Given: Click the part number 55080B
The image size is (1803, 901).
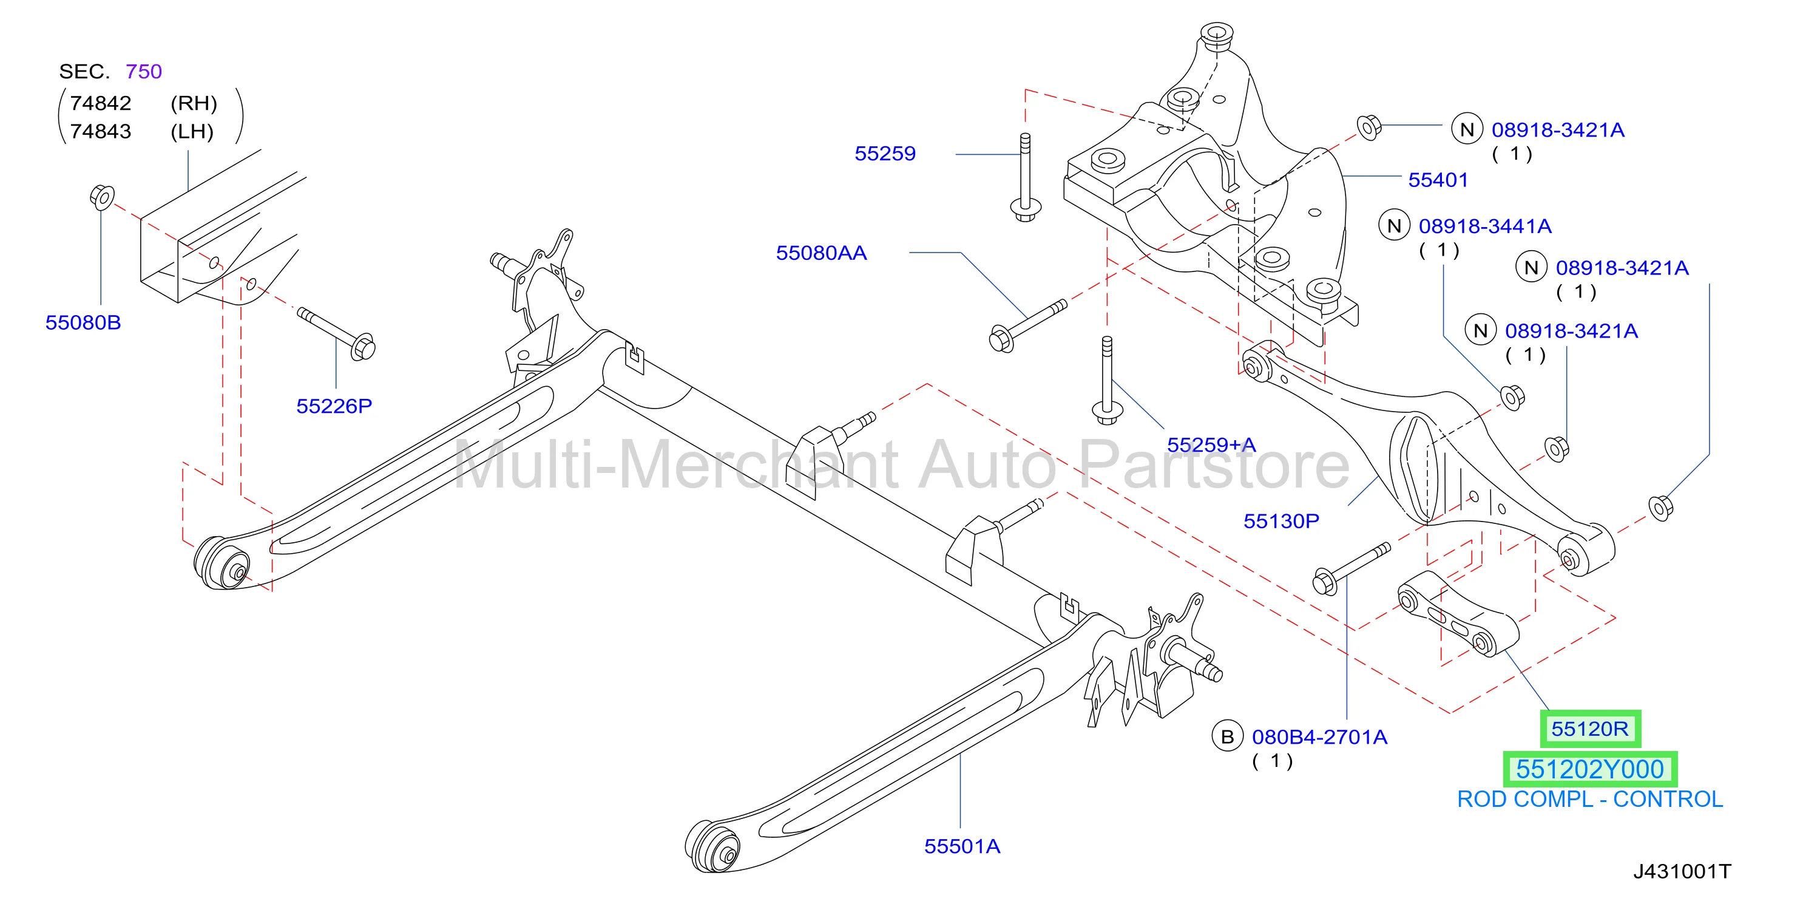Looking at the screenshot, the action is (83, 323).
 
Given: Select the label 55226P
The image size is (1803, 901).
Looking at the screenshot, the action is (334, 406).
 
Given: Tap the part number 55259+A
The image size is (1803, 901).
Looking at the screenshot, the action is (1211, 444).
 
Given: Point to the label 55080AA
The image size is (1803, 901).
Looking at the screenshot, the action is (821, 253).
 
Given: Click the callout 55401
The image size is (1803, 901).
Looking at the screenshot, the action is (1438, 180).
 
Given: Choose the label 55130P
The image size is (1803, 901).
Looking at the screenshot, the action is (1281, 521).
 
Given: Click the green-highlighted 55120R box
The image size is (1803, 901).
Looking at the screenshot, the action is (1590, 729).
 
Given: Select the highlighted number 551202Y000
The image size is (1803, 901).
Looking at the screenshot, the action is (1590, 769).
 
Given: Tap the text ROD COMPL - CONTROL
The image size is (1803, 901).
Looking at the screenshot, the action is (1590, 800).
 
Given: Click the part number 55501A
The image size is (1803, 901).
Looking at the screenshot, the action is (962, 846).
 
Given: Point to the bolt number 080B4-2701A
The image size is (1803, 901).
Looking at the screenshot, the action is (1319, 737).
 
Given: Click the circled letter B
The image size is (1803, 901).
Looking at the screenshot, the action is (1227, 737).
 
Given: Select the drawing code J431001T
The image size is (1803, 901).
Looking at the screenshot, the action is (1682, 872).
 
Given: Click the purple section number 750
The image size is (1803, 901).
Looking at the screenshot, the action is (143, 72).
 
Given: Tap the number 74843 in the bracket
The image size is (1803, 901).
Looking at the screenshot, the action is (101, 132).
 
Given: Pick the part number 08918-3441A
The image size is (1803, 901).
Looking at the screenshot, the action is (1485, 226).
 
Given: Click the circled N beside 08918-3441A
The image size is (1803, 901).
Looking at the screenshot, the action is (1393, 226).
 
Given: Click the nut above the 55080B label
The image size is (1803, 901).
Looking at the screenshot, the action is (102, 197).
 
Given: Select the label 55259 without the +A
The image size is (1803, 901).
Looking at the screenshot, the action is (885, 154).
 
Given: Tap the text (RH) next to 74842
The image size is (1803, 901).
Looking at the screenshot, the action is (194, 104).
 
